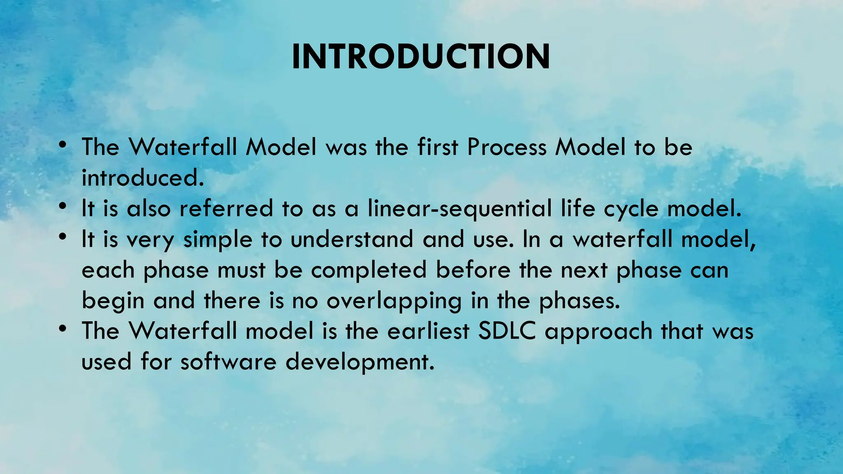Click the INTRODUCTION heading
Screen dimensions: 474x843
click(x=421, y=57)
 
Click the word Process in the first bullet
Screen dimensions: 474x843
click(x=507, y=147)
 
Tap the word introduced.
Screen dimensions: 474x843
click(x=142, y=178)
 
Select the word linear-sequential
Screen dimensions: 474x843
click(x=459, y=209)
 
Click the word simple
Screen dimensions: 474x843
click(x=217, y=240)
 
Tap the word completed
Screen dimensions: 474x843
click(x=368, y=271)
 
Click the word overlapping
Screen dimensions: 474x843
click(x=394, y=301)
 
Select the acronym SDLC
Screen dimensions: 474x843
click(x=507, y=331)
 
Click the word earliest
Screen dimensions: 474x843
click(x=428, y=331)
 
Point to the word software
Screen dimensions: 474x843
click(x=228, y=362)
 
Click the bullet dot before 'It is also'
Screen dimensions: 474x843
click(x=63, y=207)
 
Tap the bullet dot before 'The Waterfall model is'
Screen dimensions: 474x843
click(x=63, y=329)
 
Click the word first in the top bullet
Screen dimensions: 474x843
click(x=438, y=147)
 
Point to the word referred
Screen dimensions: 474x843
click(x=226, y=209)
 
